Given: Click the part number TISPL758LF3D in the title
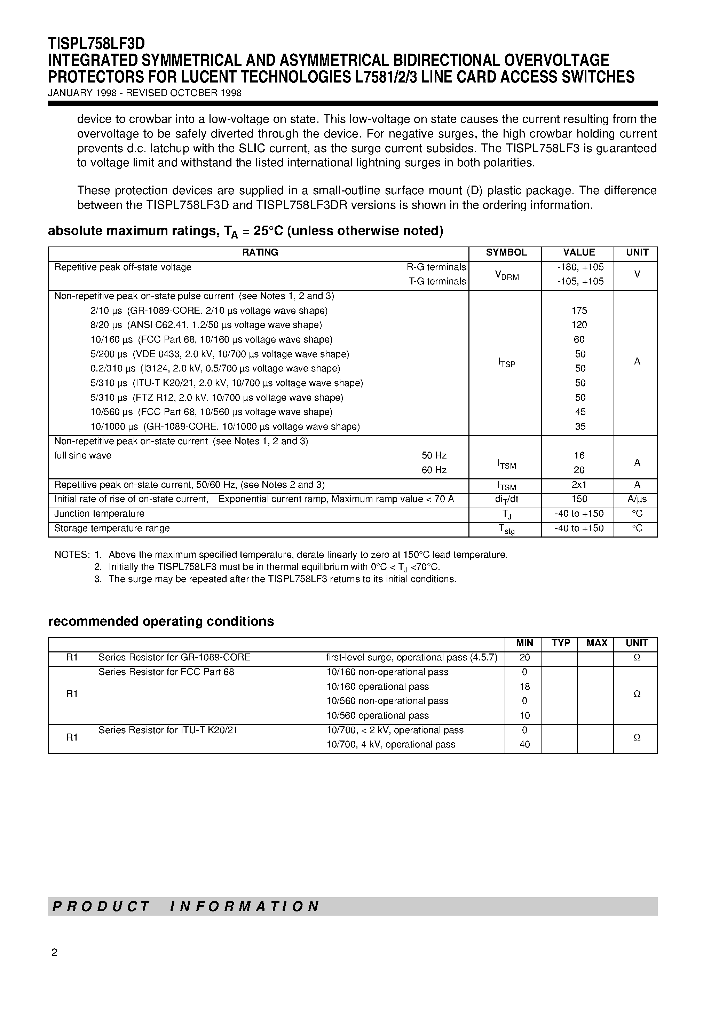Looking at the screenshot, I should pyautogui.click(x=96, y=44).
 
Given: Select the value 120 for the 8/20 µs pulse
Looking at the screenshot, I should pyautogui.click(x=579, y=325).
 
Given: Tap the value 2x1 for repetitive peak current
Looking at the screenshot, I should pyautogui.click(x=579, y=485).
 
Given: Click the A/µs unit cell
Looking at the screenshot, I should pyautogui.click(x=637, y=500).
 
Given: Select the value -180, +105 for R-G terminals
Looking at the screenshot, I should pyautogui.click(x=579, y=267).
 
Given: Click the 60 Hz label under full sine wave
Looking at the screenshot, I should pyautogui.click(x=434, y=470).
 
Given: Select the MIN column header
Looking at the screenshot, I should pyautogui.click(x=524, y=643).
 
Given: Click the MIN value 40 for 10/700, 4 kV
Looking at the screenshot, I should pyautogui.click(x=524, y=744).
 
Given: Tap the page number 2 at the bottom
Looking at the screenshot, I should pyautogui.click(x=55, y=953).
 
